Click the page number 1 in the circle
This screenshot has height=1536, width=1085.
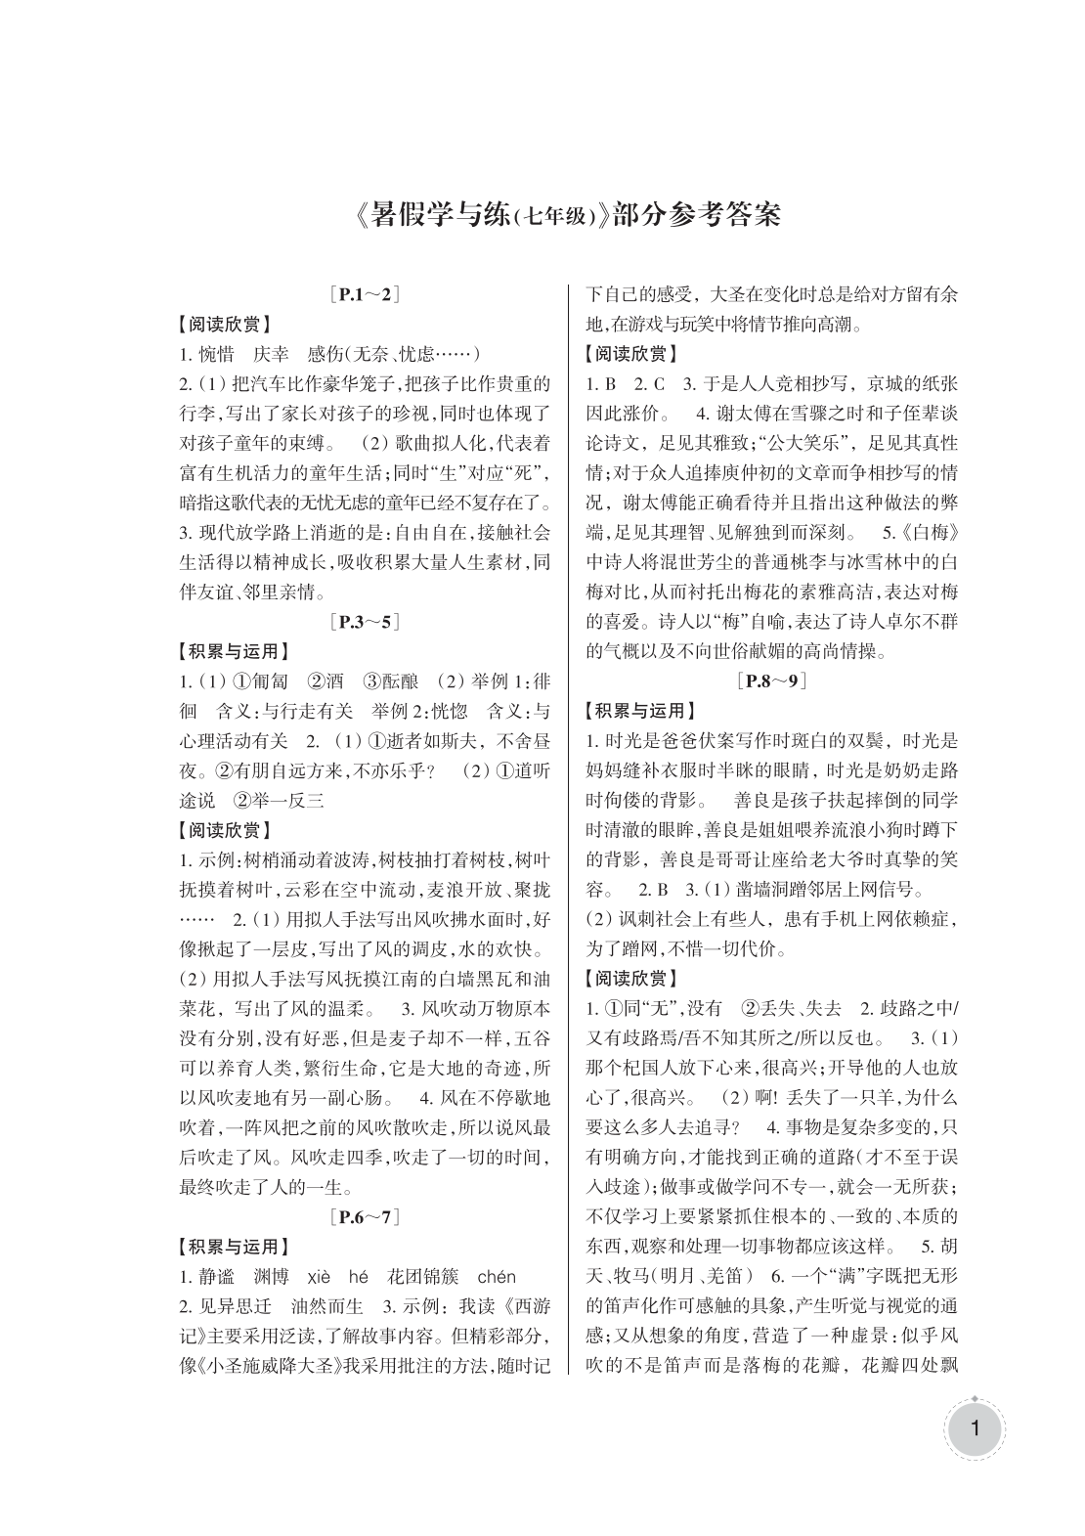974,1432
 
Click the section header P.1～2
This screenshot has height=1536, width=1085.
366,293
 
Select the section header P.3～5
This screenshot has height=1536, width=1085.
366,621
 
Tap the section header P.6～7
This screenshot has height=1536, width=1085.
366,1216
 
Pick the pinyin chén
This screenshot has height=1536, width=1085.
496,1276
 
